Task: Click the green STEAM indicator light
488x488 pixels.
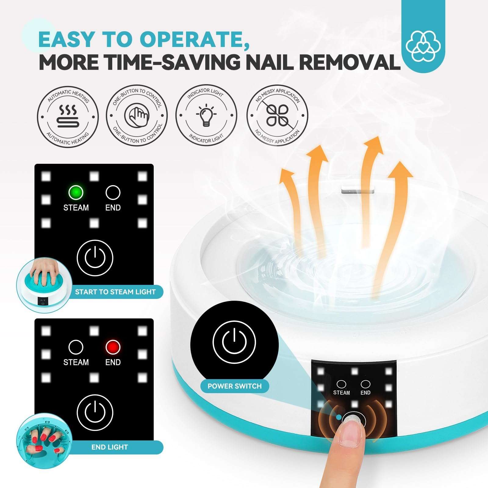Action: coord(76,192)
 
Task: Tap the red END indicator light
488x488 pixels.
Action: coord(113,347)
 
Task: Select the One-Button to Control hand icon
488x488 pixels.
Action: coord(137,115)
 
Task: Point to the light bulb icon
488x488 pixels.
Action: coord(206,115)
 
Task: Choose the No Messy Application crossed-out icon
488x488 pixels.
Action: coord(277,115)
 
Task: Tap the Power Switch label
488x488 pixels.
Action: coord(235,386)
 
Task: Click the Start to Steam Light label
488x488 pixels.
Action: coord(115,292)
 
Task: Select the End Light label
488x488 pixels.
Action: coord(109,447)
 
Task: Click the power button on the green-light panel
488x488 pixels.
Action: coord(95,258)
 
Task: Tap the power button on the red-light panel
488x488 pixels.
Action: coord(95,412)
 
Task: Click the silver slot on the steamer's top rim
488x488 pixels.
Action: coord(357,191)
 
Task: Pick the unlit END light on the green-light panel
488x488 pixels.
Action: coord(113,192)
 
